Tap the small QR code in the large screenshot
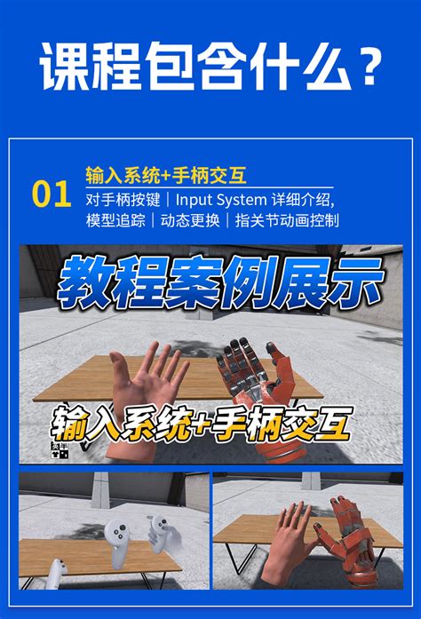[x=60, y=450]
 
